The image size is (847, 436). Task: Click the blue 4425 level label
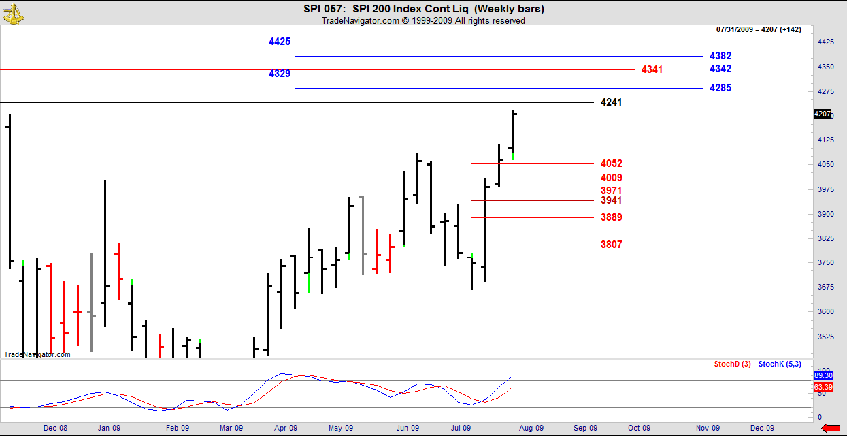pyautogui.click(x=280, y=42)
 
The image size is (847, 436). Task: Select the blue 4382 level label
pyautogui.click(x=720, y=56)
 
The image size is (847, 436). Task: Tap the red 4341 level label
pyautogui.click(x=652, y=69)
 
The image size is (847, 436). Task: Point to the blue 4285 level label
pyautogui.click(x=720, y=88)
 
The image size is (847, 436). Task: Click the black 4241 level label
pyautogui.click(x=611, y=102)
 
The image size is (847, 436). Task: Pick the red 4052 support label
pyautogui.click(x=611, y=163)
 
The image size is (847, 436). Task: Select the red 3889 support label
pyautogui.click(x=611, y=217)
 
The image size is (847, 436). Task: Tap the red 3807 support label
pyautogui.click(x=611, y=245)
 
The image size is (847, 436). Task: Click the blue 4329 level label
pyautogui.click(x=280, y=74)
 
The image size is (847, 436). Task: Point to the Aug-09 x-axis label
pyautogui.click(x=531, y=428)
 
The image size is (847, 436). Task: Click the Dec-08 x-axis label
pyautogui.click(x=55, y=428)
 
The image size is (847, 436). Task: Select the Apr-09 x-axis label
pyautogui.click(x=286, y=428)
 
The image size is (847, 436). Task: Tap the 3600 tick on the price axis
pyautogui.click(x=825, y=311)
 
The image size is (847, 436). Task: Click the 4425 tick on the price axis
pyautogui.click(x=825, y=42)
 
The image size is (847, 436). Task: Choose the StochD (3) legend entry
pyautogui.click(x=732, y=364)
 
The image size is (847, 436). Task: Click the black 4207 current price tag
pyautogui.click(x=822, y=114)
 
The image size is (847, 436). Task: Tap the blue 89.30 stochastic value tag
pyautogui.click(x=823, y=375)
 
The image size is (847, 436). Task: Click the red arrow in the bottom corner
pyautogui.click(x=831, y=428)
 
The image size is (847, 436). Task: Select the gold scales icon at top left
pyautogui.click(x=12, y=12)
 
